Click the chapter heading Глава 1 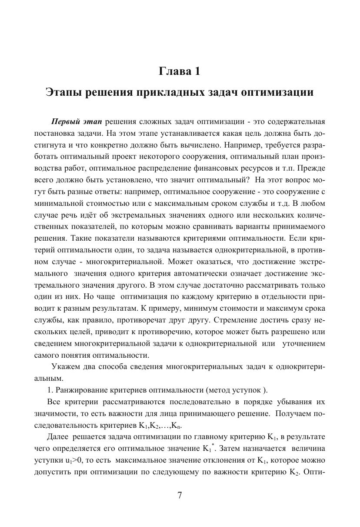[x=180, y=71]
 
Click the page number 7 [x=180, y=495]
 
